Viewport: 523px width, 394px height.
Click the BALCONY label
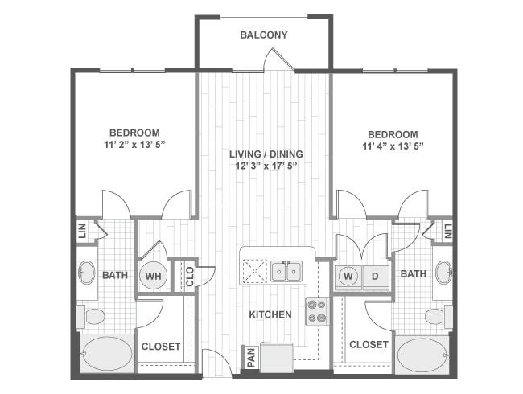pyautogui.click(x=263, y=35)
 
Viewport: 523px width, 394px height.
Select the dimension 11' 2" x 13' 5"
pyautogui.click(x=134, y=146)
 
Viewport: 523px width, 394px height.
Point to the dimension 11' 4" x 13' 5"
pyautogui.click(x=393, y=146)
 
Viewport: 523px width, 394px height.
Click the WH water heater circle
pyautogui.click(x=153, y=275)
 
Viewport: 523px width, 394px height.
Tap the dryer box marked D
pyautogui.click(x=375, y=276)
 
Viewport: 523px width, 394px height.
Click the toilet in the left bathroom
pyautogui.click(x=93, y=316)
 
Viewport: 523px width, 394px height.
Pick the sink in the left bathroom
pyautogui.click(x=86, y=273)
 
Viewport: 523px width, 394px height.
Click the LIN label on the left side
pyautogui.click(x=82, y=232)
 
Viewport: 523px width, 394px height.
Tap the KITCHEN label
pyautogui.click(x=270, y=314)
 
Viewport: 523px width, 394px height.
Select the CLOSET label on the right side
pyautogui.click(x=369, y=344)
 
